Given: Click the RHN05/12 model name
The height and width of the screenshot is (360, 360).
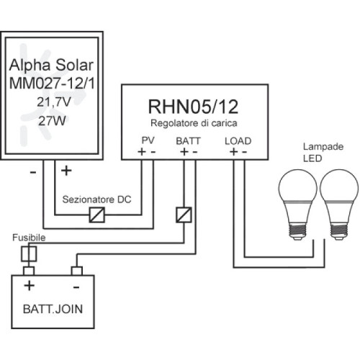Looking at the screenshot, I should pyautogui.click(x=193, y=107).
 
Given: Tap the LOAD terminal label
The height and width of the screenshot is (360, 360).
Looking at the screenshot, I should pyautogui.click(x=238, y=140).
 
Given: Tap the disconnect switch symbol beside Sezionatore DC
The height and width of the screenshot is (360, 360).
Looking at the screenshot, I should pyautogui.click(x=96, y=214).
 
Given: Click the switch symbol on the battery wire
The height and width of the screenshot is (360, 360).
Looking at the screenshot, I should pyautogui.click(x=184, y=214).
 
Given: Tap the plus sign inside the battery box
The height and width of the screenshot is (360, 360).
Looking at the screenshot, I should pyautogui.click(x=30, y=286).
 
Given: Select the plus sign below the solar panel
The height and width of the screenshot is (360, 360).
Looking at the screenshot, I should pyautogui.click(x=67, y=171).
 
